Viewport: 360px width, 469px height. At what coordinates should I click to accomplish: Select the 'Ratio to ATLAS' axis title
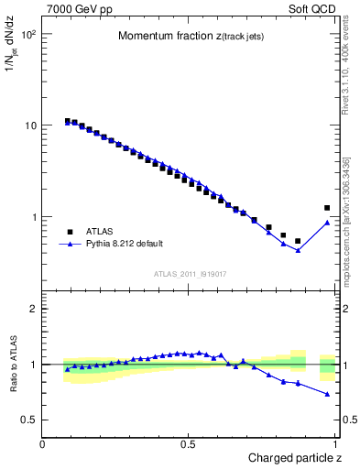click(15, 364)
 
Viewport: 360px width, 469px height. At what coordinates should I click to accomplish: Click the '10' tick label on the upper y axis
click(30, 125)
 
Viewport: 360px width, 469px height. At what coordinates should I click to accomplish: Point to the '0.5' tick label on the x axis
click(189, 444)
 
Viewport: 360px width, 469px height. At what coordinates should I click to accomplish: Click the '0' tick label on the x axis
click(43, 444)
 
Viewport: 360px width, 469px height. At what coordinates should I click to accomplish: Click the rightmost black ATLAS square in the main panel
click(327, 208)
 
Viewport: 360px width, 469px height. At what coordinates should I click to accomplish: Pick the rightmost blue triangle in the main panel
click(327, 223)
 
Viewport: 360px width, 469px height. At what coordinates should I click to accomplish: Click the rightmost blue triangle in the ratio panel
click(327, 394)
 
